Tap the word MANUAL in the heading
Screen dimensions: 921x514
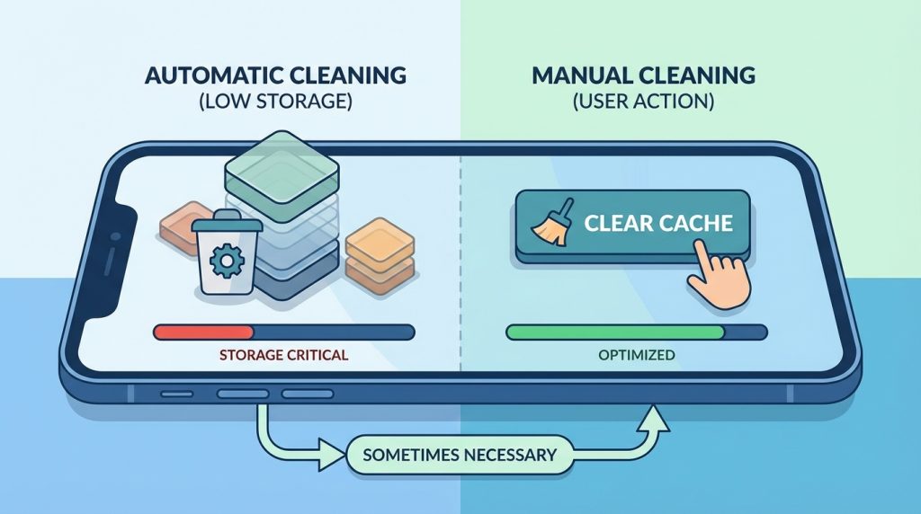[x=582, y=75]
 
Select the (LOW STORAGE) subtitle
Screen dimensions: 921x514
[x=275, y=102]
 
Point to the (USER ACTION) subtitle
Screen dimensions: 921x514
[x=644, y=102]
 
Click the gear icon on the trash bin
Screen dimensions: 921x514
[x=226, y=261]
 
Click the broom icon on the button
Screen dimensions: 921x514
[x=550, y=224]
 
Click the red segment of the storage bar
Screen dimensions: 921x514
[x=203, y=332]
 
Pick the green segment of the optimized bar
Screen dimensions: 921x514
[x=615, y=332]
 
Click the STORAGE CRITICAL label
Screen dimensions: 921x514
[x=283, y=355]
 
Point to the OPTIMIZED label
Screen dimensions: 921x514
[x=637, y=355]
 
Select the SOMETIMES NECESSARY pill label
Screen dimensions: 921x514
[x=460, y=455]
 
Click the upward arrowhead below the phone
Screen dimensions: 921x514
[x=653, y=418]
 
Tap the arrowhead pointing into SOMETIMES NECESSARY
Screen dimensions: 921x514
[x=331, y=454]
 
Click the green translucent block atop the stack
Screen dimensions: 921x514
[x=282, y=168]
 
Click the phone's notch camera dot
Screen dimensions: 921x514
[x=115, y=237]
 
